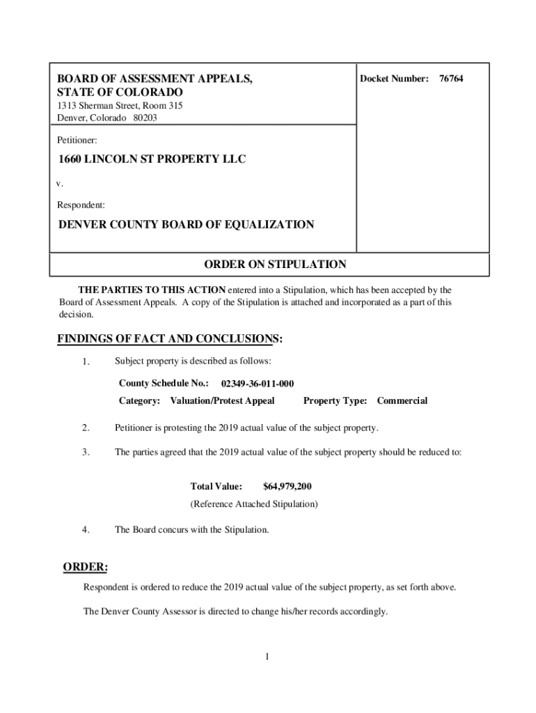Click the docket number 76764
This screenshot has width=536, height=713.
[450, 79]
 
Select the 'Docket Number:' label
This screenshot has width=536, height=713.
[393, 79]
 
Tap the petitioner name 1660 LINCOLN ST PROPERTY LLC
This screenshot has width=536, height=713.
[152, 159]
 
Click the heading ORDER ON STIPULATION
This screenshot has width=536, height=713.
[274, 265]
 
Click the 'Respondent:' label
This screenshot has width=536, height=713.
[81, 205]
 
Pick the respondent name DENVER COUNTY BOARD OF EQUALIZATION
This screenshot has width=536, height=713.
[185, 225]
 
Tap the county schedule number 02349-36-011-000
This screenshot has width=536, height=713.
[257, 384]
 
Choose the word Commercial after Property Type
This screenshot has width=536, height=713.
[402, 401]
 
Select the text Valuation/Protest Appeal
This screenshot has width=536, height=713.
[222, 401]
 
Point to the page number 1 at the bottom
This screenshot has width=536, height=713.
[267, 657]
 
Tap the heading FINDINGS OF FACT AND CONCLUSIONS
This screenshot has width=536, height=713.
[170, 339]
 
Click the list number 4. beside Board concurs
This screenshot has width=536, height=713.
[86, 530]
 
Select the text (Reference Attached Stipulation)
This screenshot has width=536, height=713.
[254, 503]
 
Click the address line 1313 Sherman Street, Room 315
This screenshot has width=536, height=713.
[120, 106]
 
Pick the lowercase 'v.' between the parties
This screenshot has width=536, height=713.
[60, 184]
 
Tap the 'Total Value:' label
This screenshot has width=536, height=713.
[216, 486]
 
